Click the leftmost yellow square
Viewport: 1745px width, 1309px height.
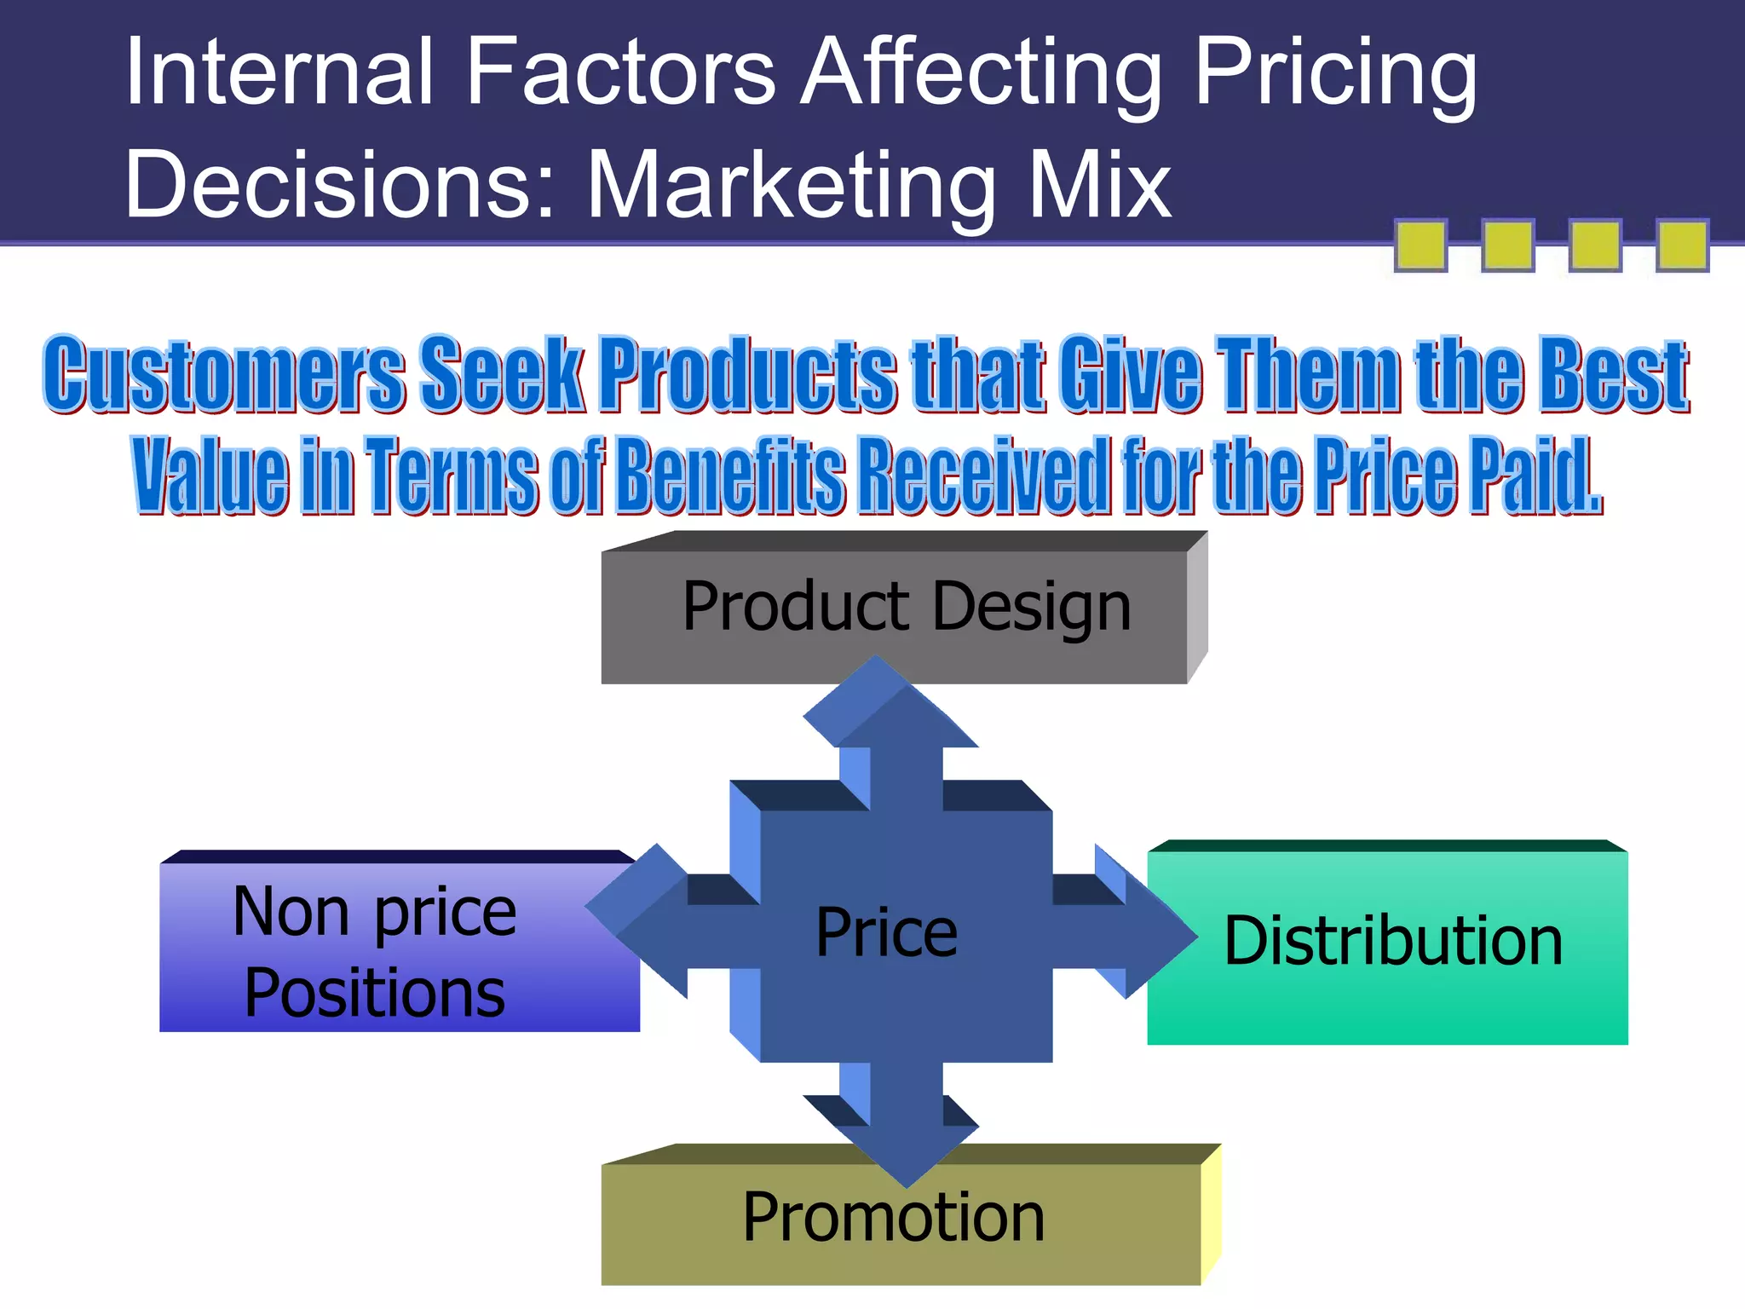(x=1420, y=245)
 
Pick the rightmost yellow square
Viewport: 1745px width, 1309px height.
(x=1682, y=245)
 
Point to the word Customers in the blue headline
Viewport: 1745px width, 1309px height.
(x=225, y=374)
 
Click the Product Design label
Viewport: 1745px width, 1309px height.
(x=907, y=608)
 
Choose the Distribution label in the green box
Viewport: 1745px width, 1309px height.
(x=1393, y=942)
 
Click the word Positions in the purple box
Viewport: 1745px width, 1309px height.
(x=375, y=994)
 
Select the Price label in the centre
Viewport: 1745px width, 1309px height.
(x=886, y=933)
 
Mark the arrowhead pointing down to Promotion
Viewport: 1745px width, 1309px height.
(x=907, y=1150)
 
